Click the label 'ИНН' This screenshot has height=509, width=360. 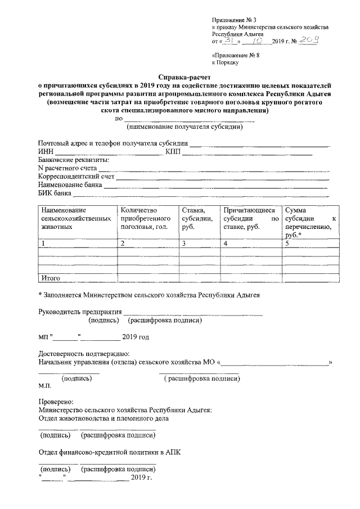click(x=45, y=152)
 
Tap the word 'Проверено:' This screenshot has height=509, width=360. click(x=55, y=402)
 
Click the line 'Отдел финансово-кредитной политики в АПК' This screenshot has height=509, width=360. click(x=109, y=451)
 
